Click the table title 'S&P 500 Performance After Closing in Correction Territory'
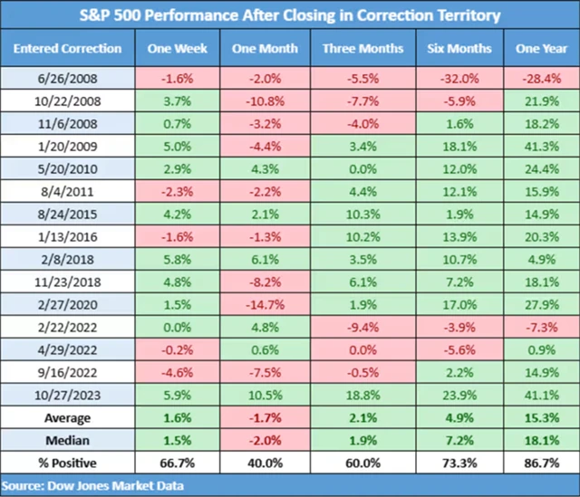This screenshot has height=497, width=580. click(289, 14)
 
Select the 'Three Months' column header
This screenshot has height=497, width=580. click(363, 47)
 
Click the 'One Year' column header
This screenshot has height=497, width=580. click(540, 47)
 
